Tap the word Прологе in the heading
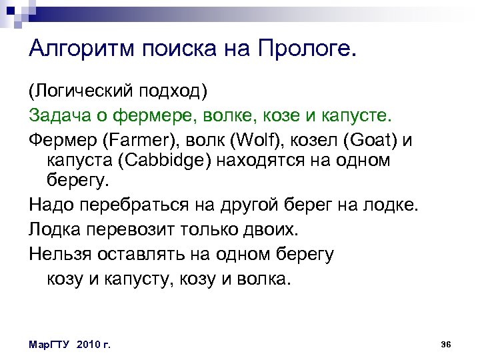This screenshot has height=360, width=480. [307, 49]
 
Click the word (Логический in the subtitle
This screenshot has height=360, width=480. [80, 89]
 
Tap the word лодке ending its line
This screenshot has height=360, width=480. [393, 205]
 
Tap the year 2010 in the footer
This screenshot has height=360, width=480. [87, 344]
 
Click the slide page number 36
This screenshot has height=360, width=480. [447, 343]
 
